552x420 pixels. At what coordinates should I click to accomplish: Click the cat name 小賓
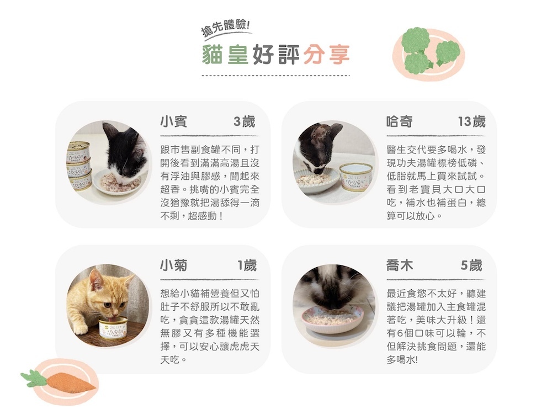[173, 121]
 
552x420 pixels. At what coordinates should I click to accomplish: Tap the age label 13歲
[472, 122]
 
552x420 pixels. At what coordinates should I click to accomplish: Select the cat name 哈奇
[400, 121]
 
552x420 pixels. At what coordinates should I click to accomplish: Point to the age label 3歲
[245, 122]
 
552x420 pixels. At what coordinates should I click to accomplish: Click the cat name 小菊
[173, 265]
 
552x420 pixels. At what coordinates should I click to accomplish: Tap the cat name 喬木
[400, 265]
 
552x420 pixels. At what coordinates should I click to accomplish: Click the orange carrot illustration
[60, 381]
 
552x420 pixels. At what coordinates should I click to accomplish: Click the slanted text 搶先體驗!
[225, 28]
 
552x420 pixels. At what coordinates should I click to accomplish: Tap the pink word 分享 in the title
[326, 55]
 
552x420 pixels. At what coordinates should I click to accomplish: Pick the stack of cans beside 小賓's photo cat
[79, 166]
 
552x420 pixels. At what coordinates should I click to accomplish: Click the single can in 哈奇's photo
[356, 177]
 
